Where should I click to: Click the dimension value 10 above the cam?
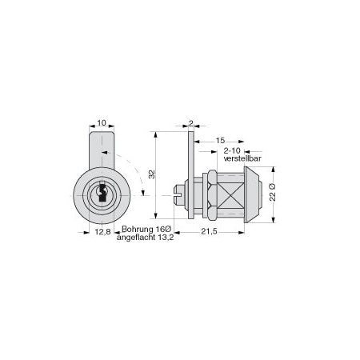(x=102, y=122)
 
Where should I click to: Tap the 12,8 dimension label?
(x=102, y=232)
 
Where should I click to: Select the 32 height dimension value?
(x=151, y=174)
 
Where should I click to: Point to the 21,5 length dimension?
(x=209, y=232)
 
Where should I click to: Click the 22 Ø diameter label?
(x=272, y=192)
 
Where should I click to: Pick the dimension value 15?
(x=220, y=140)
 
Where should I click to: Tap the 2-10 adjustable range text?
(x=232, y=150)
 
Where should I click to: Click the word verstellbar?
(x=242, y=158)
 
